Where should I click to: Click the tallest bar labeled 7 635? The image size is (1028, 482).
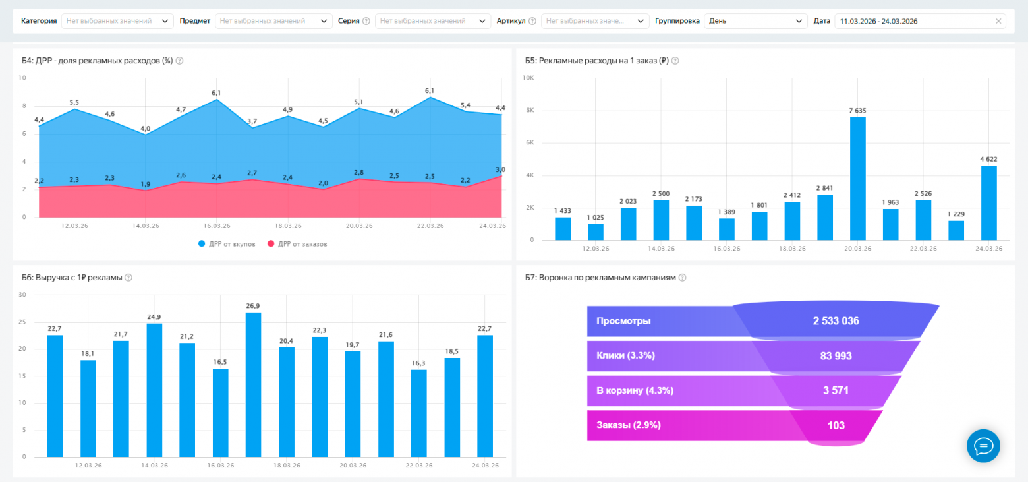coord(857,178)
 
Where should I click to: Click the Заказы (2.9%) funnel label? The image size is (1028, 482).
coord(629,425)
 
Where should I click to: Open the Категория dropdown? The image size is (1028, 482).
coord(117,21)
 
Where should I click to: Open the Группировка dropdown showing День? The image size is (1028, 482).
coord(755,21)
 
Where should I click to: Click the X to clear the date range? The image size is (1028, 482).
coord(998,21)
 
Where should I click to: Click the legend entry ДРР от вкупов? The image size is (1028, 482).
coord(227,243)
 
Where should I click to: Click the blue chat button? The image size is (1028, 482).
coord(983,446)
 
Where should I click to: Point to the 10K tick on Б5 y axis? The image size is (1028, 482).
coord(528,78)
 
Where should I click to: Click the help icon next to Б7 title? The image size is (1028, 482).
coord(683,278)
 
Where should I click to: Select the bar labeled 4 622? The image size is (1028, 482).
coord(988,202)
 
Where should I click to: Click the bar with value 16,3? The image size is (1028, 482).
coord(418,413)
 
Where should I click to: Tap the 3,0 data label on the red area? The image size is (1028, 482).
coord(501,169)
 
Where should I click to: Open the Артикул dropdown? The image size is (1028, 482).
coord(595,21)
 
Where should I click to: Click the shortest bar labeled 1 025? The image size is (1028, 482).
coord(595,232)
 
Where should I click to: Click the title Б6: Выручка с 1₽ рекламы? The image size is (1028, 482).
coord(72,278)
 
